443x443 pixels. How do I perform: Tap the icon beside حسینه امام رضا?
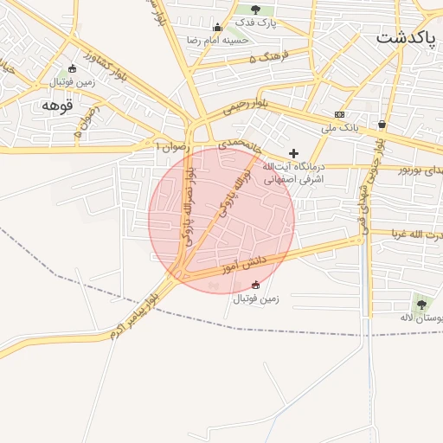pos(218,28)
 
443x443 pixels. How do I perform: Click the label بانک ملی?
pos(340,128)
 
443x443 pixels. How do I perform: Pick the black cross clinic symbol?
pos(293,152)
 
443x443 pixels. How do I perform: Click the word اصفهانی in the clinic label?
pos(280,179)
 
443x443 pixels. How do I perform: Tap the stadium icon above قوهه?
pos(73,69)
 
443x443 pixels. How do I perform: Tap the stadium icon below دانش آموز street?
pos(254,285)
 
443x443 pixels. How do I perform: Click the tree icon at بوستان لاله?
pos(421,304)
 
